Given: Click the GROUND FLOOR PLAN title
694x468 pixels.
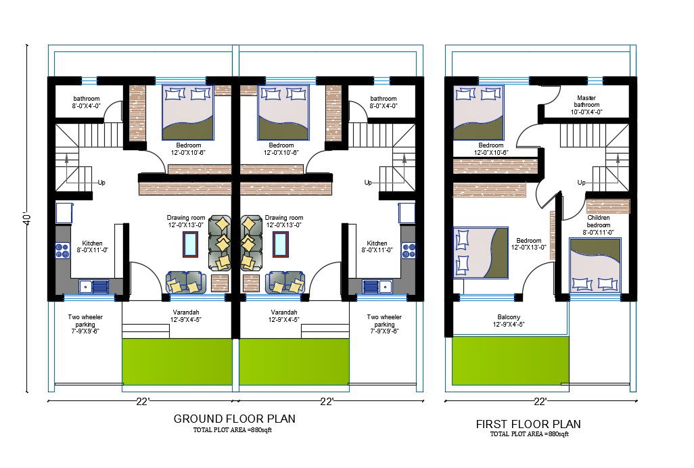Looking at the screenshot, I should click(234, 419).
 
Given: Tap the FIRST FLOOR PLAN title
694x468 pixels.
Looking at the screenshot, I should click(528, 424).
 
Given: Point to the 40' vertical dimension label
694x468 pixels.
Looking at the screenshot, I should click(27, 221).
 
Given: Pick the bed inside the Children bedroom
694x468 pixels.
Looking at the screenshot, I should click(595, 265).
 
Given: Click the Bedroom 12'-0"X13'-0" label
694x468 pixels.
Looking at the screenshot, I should click(528, 243).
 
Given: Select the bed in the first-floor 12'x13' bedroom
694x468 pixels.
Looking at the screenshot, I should click(480, 252).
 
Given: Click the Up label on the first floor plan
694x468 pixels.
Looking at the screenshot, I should click(581, 183).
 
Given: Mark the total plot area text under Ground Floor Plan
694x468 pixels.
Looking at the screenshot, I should click(234, 430).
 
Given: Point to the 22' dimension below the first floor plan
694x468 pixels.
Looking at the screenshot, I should click(540, 402).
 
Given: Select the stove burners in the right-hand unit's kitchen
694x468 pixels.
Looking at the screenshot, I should click(409, 251).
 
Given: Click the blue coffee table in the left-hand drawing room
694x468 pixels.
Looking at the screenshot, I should click(190, 243).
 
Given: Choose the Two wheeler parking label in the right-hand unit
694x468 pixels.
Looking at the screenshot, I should click(384, 324).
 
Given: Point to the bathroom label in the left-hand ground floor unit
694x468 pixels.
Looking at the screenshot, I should click(87, 101).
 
